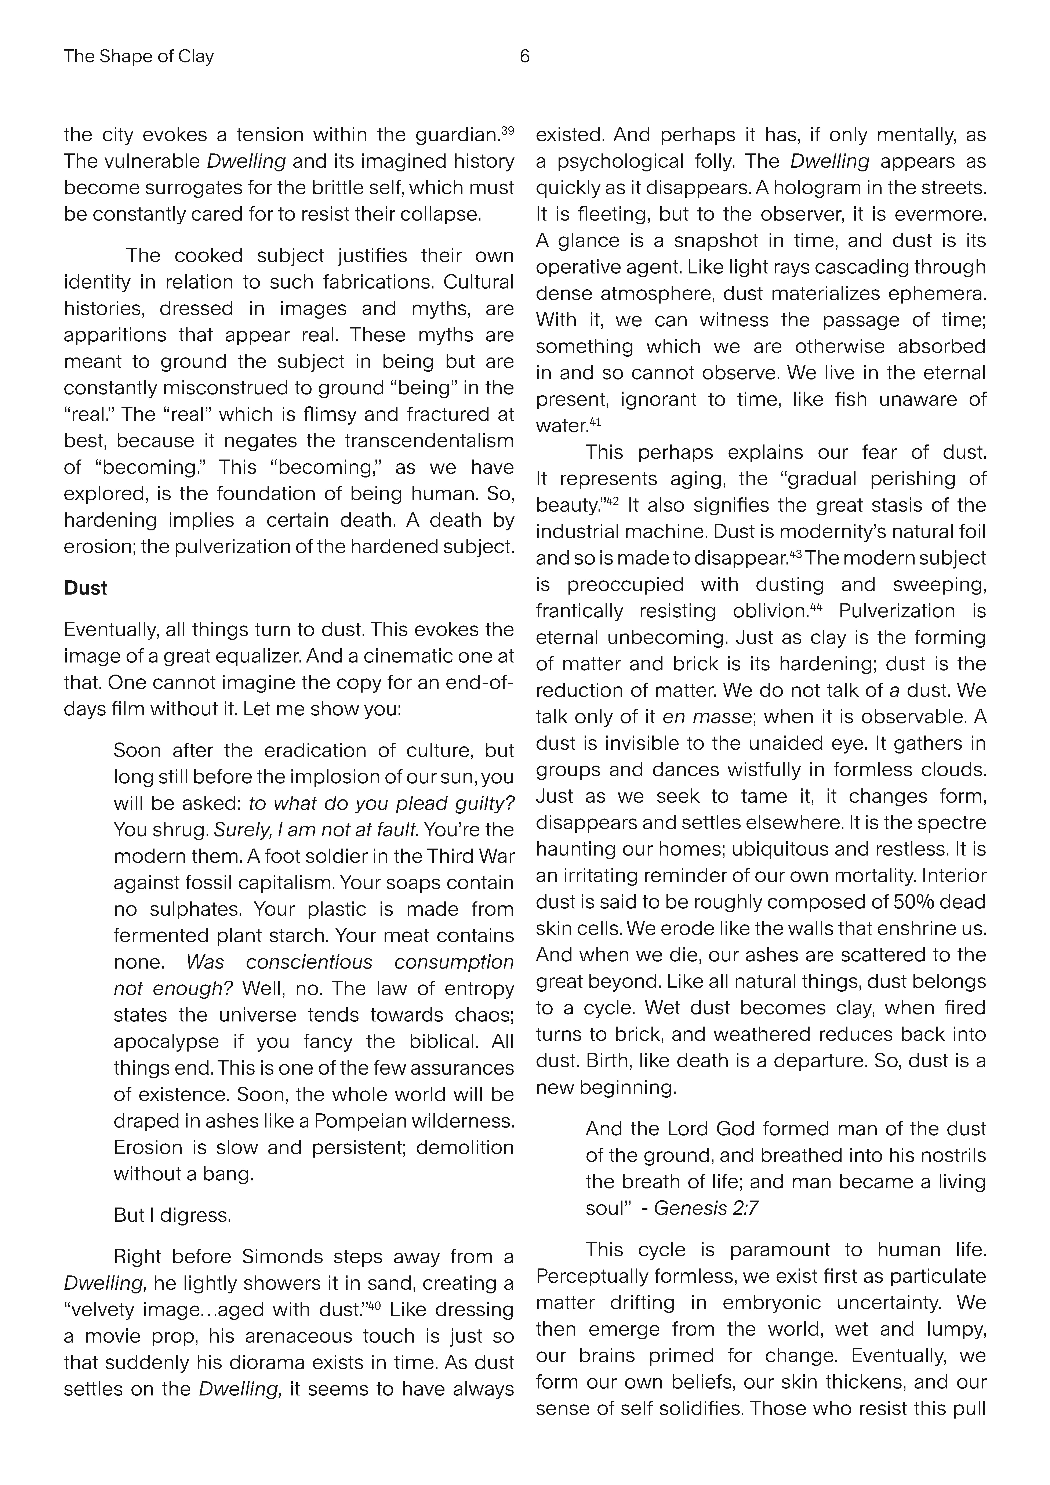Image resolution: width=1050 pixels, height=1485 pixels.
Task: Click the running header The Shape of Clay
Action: pos(138,57)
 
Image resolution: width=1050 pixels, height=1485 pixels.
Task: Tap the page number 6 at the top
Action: pos(525,57)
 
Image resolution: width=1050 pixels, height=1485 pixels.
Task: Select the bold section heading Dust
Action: pos(85,588)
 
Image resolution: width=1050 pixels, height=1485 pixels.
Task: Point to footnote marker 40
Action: pos(374,1305)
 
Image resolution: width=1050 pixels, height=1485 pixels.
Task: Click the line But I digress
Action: pos(172,1215)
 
